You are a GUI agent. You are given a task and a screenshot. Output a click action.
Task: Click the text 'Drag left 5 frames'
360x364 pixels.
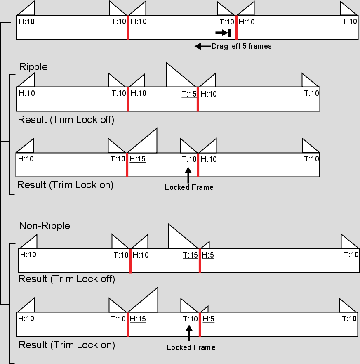(241, 46)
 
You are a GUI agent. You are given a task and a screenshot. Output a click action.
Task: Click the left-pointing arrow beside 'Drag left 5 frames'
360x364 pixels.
(203, 46)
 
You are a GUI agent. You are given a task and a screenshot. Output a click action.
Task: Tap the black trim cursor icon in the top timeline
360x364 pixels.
(223, 33)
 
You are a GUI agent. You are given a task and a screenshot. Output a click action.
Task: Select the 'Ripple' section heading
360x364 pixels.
(33, 67)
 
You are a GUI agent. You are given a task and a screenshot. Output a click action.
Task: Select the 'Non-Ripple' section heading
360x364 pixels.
(45, 226)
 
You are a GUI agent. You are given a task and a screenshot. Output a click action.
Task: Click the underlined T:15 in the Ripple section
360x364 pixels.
(189, 94)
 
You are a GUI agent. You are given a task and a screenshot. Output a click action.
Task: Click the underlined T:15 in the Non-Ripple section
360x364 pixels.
(190, 255)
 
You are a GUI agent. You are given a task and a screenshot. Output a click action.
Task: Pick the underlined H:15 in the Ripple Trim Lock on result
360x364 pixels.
(138, 159)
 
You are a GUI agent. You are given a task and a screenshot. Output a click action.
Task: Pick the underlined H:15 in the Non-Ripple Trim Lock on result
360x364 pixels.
(138, 319)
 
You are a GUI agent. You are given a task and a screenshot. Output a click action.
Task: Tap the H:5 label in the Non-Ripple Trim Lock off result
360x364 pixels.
(208, 255)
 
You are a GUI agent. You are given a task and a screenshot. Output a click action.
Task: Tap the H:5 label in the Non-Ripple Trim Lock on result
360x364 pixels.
(209, 319)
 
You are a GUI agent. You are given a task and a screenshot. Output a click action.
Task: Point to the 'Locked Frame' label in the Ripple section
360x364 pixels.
(189, 187)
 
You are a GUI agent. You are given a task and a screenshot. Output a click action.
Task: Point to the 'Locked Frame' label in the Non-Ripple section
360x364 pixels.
(191, 347)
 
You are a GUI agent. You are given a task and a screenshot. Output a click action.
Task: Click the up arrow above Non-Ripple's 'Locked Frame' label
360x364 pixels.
(189, 333)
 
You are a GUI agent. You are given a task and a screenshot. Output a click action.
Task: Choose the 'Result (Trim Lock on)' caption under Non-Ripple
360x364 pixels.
(67, 345)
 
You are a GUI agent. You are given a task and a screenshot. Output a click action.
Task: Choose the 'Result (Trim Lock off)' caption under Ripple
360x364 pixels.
(66, 120)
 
